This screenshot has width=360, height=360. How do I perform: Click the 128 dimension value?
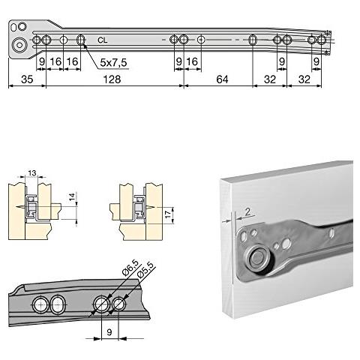click(111, 79)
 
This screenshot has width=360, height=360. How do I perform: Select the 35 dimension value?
click(26, 79)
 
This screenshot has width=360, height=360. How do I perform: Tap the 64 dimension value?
click(222, 79)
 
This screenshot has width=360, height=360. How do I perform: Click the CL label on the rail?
click(101, 36)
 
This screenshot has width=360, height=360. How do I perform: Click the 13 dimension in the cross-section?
click(31, 173)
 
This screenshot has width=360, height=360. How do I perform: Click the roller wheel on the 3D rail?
click(259, 259)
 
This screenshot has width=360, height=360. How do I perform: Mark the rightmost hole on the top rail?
click(321, 40)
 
